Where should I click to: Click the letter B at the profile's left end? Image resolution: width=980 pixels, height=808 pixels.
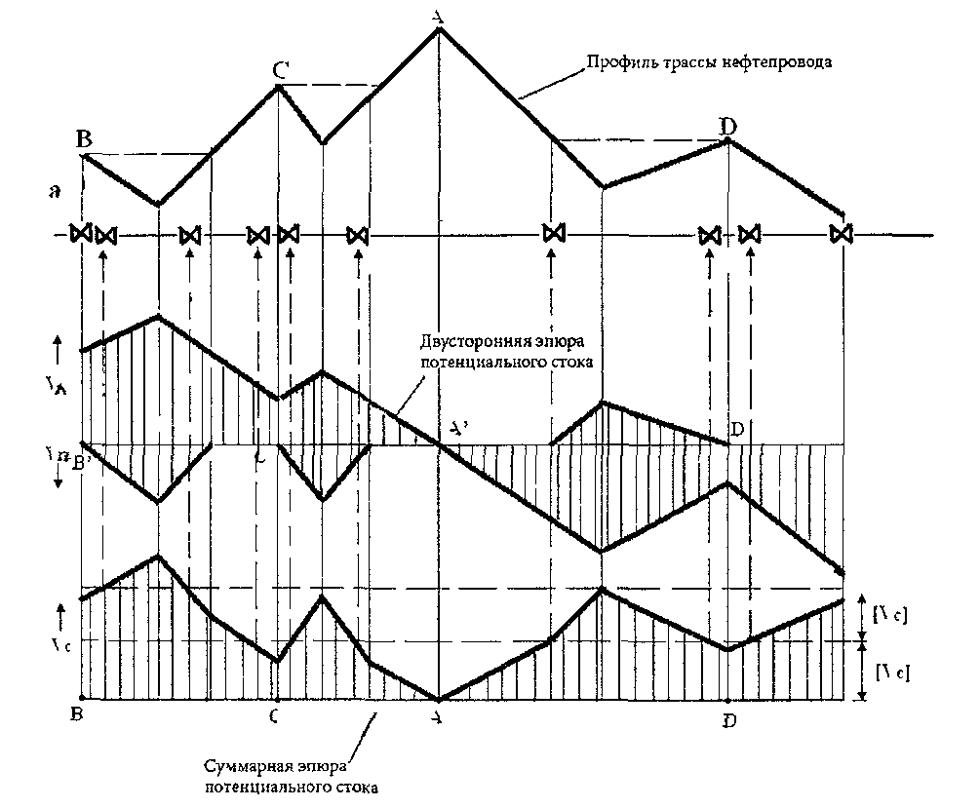point(84,138)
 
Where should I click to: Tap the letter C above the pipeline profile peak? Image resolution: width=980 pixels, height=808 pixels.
point(280,70)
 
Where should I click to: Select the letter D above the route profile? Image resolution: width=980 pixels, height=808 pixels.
point(727,126)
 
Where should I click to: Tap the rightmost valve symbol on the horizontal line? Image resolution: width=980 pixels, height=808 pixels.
point(841,234)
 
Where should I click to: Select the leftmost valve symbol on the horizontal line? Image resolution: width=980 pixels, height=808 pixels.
point(82,234)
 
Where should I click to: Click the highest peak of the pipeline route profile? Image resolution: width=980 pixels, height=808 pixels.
point(440,28)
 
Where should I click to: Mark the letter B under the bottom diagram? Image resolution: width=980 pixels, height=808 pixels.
point(76,716)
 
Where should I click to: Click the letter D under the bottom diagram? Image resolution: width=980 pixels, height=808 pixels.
point(729,720)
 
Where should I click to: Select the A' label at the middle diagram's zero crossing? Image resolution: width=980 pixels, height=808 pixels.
point(459,429)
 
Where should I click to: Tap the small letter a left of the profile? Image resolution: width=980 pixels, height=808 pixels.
point(58,194)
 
